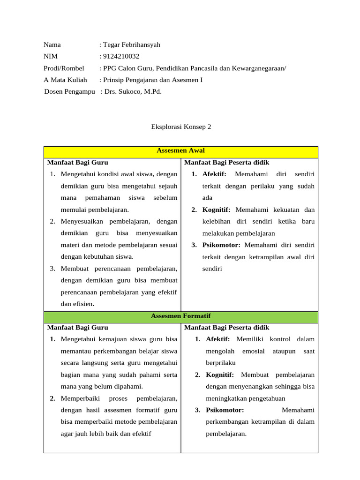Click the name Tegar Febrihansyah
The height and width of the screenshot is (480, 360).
pyautogui.click(x=131, y=45)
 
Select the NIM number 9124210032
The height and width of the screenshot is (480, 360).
pyautogui.click(x=121, y=57)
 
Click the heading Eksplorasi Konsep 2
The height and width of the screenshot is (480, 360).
pyautogui.click(x=181, y=127)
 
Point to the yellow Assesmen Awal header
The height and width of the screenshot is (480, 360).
pyautogui.click(x=181, y=151)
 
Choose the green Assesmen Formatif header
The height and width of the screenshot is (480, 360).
pyautogui.click(x=181, y=316)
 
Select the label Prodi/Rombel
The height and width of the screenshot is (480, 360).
pyautogui.click(x=64, y=68)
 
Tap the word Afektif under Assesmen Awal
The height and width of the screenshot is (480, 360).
pyautogui.click(x=214, y=174)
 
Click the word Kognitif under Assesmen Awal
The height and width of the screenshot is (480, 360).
pyautogui.click(x=217, y=210)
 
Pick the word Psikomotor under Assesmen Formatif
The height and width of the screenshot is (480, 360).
pyautogui.click(x=225, y=410)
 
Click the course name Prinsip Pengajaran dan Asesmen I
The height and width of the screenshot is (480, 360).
pyautogui.click(x=153, y=80)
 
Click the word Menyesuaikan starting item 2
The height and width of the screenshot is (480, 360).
pyautogui.click(x=82, y=221)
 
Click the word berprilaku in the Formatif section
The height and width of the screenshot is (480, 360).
pyautogui.click(x=221, y=363)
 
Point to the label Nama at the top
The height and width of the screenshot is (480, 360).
pyautogui.click(x=52, y=45)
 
